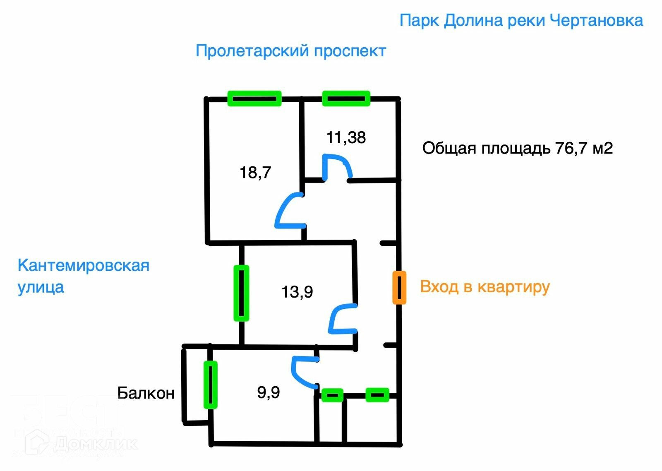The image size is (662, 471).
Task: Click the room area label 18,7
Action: point(255,172)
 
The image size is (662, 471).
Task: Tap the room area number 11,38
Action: point(346,137)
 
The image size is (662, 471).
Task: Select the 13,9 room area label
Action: point(297,292)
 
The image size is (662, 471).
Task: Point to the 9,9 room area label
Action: point(268,392)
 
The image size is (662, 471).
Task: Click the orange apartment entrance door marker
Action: point(399,288)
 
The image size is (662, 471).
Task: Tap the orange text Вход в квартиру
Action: point(485,287)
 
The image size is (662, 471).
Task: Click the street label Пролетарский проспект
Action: point(290,51)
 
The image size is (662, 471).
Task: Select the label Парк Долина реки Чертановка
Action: point(521,20)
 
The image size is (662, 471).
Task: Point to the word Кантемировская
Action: point(83,265)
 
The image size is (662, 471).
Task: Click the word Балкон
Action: point(146,393)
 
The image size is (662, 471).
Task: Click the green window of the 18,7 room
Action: point(254,99)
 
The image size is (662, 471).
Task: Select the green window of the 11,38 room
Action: point(346,99)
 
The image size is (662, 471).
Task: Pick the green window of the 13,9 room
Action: point(241,293)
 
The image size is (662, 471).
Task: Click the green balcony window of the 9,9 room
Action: point(210,384)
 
